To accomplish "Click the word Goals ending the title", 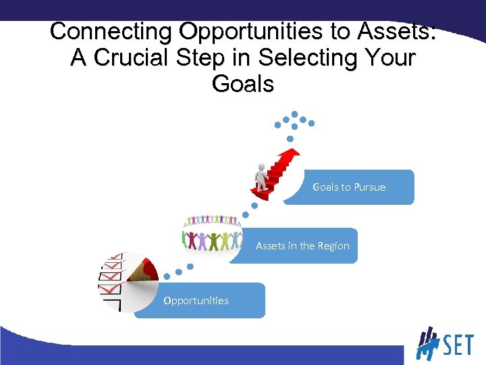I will click(x=243, y=84).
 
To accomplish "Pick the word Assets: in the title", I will click(x=398, y=32).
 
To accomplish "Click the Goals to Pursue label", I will click(x=349, y=187).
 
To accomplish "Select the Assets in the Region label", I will click(x=302, y=246).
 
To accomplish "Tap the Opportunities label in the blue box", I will click(x=196, y=301).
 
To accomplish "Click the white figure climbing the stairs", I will click(x=261, y=178).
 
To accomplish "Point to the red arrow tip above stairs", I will click(x=291, y=155).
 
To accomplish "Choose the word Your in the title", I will click(x=391, y=58).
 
